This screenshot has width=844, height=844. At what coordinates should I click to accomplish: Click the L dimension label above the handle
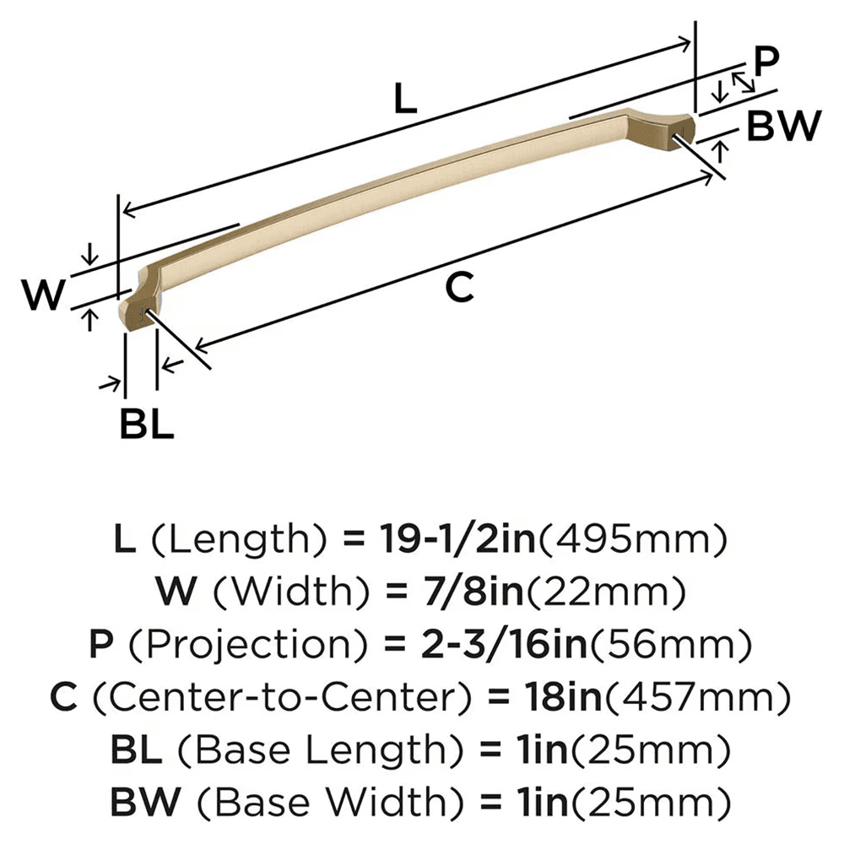(405, 102)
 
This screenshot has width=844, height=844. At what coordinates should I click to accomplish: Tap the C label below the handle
(460, 289)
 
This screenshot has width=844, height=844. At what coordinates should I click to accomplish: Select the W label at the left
(42, 296)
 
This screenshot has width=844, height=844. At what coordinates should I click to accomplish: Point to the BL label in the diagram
(146, 425)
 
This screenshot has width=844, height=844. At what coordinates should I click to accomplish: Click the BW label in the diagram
(783, 127)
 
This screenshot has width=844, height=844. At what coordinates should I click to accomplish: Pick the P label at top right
(766, 62)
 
